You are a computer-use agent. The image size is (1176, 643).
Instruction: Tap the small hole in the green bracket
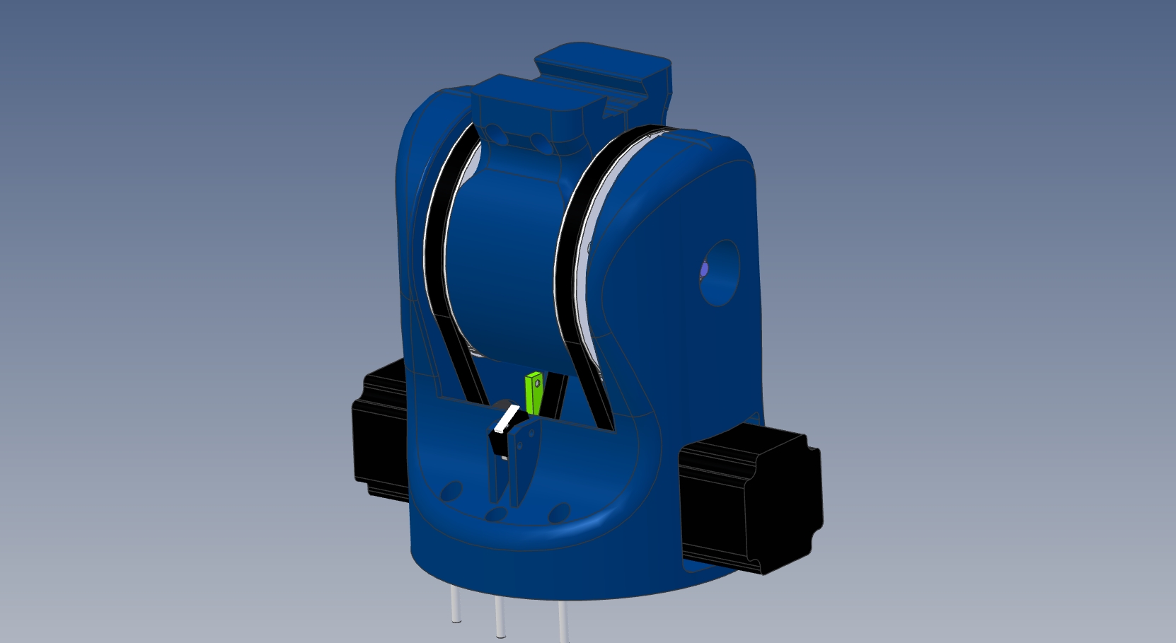537,383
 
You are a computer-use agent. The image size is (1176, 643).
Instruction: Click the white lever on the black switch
507,419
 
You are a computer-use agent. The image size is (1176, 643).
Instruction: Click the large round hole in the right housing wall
720,273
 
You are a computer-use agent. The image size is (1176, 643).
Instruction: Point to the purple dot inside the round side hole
703,270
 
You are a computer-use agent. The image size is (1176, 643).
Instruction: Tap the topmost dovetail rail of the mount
601,64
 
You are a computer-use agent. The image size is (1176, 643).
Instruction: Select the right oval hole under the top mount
539,142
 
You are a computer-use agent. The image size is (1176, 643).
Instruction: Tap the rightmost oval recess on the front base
559,511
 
